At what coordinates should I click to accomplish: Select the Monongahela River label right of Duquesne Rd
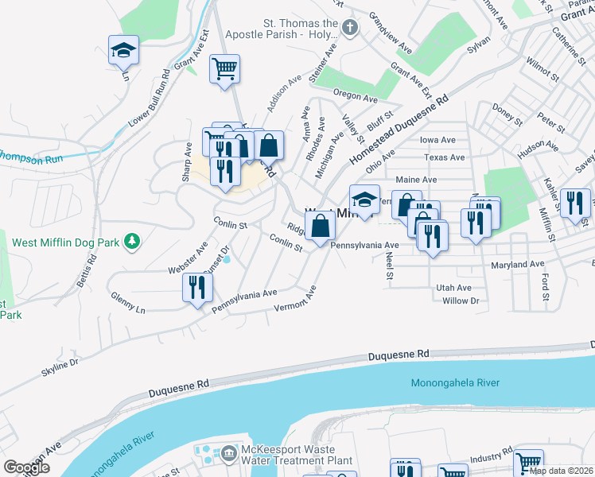455,383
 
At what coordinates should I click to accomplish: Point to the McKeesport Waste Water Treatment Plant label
297,455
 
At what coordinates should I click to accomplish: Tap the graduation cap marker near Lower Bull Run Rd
123,50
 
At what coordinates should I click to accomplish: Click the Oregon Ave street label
355,95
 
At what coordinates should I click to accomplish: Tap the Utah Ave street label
453,287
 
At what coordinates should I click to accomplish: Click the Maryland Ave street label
517,264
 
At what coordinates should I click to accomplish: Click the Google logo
26,467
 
